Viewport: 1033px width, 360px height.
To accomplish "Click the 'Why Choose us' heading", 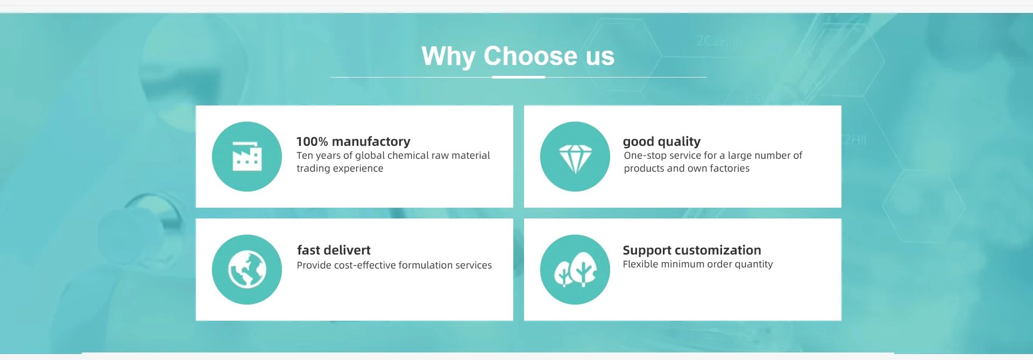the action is (x=518, y=57).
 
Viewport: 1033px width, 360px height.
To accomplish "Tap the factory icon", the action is (x=247, y=157).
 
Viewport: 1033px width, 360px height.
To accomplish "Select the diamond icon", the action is (x=575, y=159).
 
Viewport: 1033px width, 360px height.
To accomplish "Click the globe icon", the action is (x=247, y=270).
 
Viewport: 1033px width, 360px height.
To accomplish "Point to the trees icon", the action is (x=575, y=270).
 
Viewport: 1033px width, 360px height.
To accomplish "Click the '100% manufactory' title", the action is (x=353, y=142).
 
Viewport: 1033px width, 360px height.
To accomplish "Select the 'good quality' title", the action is (x=662, y=142).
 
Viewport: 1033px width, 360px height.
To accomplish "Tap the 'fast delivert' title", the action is (x=334, y=250).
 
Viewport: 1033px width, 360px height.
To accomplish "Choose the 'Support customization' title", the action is (x=692, y=250).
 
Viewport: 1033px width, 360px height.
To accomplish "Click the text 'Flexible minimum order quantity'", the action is (x=698, y=264).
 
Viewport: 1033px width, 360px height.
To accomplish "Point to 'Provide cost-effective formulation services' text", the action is (x=394, y=265).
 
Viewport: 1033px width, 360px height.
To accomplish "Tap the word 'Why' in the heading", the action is (x=449, y=57).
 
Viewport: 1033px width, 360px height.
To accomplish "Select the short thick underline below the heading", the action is (x=519, y=77).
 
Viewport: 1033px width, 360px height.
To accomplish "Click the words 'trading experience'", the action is (x=340, y=168).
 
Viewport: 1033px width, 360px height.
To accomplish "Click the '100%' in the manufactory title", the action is (x=312, y=142).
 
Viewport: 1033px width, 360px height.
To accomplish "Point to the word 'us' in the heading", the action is (x=600, y=57).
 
